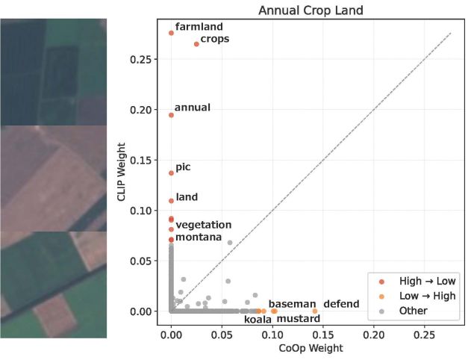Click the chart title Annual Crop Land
(x=305, y=11)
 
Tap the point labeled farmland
(x=171, y=33)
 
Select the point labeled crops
(x=196, y=44)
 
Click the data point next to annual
(x=171, y=115)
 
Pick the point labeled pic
(x=171, y=173)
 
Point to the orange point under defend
(x=314, y=311)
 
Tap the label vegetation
(x=203, y=225)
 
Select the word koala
(x=258, y=320)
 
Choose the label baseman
(x=293, y=304)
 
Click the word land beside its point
(x=186, y=197)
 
